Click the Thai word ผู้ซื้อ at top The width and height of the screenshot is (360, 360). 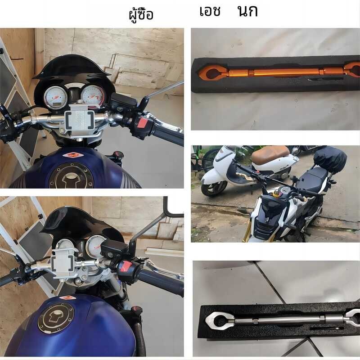[141, 14]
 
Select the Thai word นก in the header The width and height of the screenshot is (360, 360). [247, 12]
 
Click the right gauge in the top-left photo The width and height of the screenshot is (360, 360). [93, 95]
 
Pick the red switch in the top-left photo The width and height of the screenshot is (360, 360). [142, 122]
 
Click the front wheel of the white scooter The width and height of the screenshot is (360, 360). [213, 187]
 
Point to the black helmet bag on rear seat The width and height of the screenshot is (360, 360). [330, 158]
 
